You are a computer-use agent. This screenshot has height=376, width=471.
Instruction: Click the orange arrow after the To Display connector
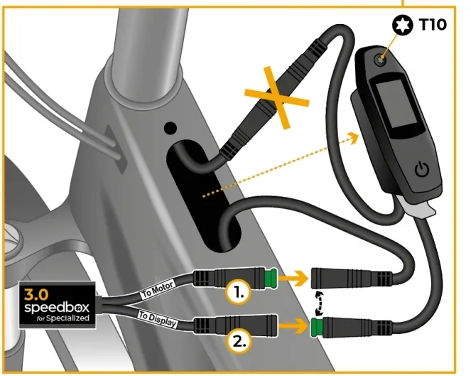291,327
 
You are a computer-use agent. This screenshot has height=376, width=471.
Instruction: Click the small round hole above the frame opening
170,129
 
